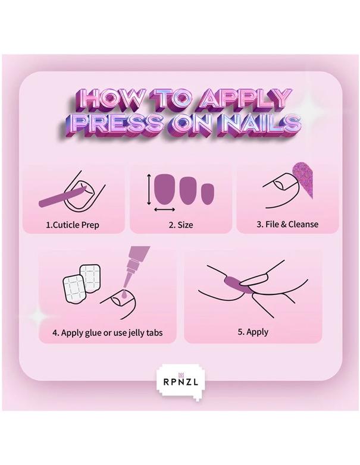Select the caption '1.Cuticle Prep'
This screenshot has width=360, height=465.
(74, 225)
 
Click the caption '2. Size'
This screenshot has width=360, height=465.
(180, 225)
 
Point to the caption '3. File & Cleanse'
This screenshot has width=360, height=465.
(287, 224)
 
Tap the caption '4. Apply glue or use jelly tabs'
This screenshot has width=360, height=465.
(107, 332)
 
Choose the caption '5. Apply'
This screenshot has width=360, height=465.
(253, 332)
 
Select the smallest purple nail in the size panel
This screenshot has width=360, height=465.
(207, 194)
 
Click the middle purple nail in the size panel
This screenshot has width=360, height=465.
(188, 191)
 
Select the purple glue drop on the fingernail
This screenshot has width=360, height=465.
(121, 294)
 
